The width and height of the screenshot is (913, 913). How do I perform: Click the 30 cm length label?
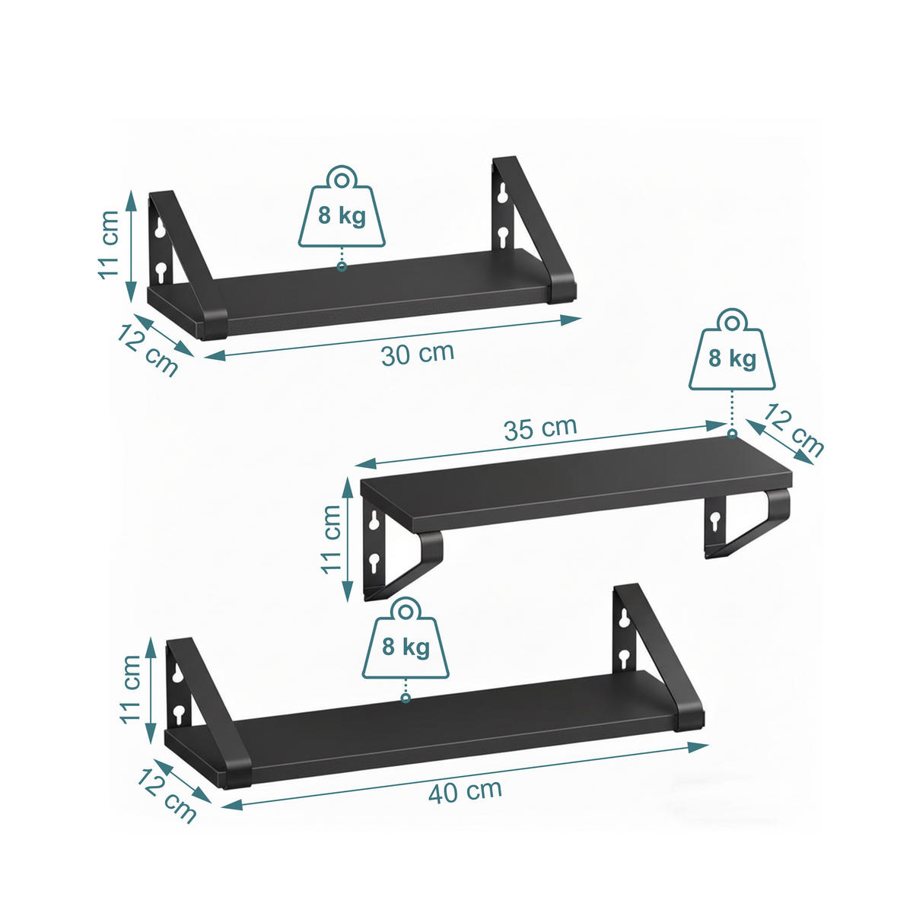[x=418, y=354]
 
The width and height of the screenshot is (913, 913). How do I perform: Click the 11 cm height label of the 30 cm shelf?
[x=109, y=245]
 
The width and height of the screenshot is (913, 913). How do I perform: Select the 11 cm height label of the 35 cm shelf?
[x=331, y=539]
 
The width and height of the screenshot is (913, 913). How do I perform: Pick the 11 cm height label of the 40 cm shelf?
[x=131, y=689]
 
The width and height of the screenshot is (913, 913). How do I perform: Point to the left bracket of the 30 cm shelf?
[x=179, y=259]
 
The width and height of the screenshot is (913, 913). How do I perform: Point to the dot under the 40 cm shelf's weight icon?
[x=406, y=698]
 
